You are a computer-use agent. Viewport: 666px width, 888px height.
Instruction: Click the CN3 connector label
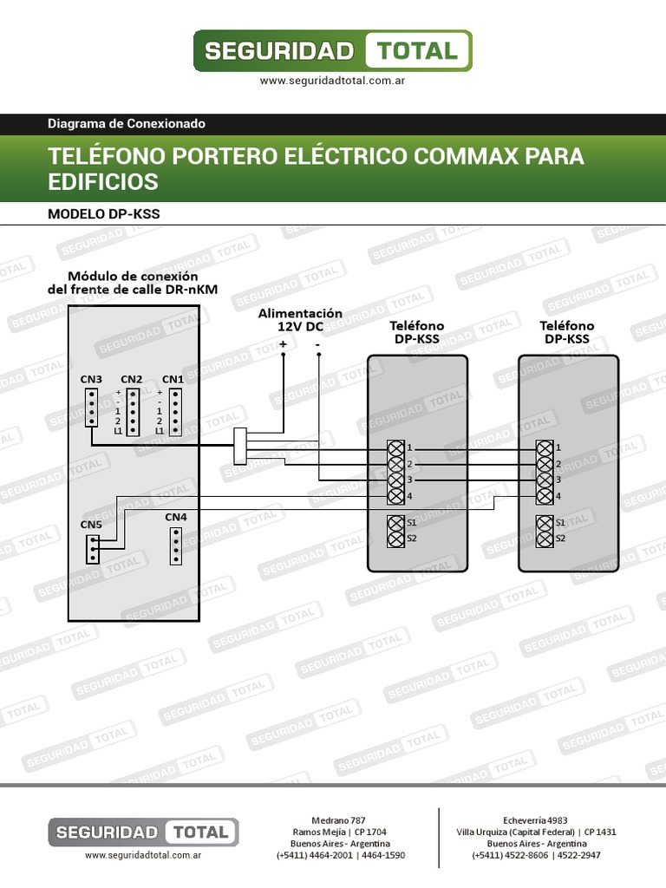pos(91,379)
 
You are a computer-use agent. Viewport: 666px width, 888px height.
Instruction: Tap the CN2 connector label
pos(132,379)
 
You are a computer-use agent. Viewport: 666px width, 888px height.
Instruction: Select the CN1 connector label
pos(173,379)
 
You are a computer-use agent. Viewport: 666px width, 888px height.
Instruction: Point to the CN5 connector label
pos(91,525)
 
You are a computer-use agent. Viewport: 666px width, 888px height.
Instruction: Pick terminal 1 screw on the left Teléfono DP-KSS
pos(396,447)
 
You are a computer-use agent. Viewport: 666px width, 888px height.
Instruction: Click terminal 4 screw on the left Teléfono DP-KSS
pos(396,496)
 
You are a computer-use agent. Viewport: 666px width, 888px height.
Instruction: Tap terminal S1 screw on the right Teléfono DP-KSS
pos(545,523)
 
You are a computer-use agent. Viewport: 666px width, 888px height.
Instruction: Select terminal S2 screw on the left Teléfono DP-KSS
pos(396,539)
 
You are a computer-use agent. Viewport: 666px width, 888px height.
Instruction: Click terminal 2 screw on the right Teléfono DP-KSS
pos(545,464)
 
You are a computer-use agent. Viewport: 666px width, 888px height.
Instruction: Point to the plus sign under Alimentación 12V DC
pos(283,344)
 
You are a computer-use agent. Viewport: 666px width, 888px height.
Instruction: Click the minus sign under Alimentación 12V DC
pos(317,344)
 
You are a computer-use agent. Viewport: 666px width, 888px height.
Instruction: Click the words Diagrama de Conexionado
pos(127,124)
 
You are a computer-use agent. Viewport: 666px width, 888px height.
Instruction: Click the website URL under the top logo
pos(333,81)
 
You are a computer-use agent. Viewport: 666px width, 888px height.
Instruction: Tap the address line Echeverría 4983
pos(536,819)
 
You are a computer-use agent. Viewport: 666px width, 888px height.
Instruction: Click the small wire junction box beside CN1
pos(241,446)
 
